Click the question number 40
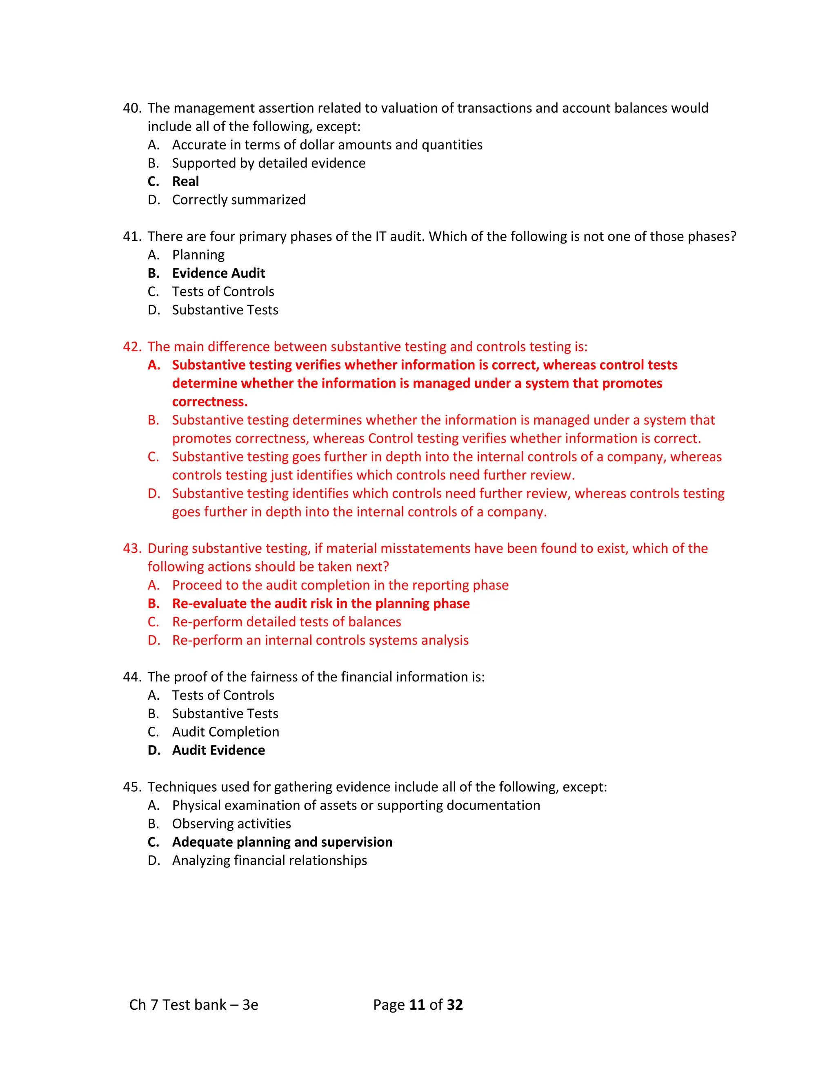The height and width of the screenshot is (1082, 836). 132,108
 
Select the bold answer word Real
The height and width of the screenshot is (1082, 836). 185,181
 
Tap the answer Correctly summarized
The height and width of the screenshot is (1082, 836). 239,200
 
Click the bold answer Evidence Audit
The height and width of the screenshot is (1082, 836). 218,273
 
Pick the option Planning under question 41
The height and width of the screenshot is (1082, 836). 198,255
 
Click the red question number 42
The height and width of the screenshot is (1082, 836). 132,346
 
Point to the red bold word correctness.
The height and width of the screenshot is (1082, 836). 209,401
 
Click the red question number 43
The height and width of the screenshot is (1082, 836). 132,548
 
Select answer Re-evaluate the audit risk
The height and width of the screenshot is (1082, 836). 320,603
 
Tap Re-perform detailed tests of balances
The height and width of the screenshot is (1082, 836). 286,622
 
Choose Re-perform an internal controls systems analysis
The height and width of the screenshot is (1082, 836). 320,640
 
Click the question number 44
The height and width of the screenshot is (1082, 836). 132,677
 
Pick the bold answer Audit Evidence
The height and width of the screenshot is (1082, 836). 218,750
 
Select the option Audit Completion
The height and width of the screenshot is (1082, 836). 225,732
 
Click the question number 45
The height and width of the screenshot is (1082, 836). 132,787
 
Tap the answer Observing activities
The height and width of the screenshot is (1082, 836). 231,824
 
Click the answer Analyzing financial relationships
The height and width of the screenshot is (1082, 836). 269,860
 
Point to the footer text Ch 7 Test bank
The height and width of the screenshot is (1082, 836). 193,1005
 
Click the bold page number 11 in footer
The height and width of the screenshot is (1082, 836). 417,1005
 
